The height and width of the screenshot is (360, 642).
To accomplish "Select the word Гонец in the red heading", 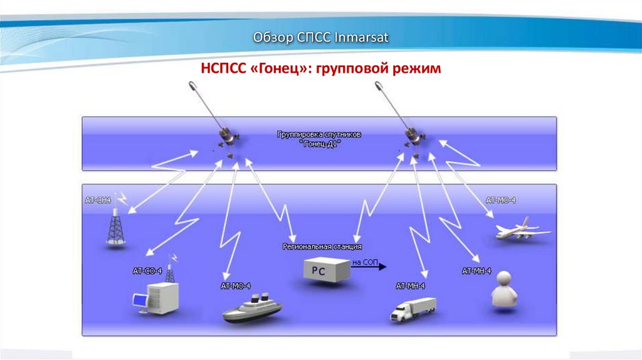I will [x=278, y=68].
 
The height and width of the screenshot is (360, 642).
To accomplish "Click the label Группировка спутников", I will [x=318, y=135].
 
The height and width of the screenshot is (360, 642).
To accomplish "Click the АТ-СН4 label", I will [x=98, y=200].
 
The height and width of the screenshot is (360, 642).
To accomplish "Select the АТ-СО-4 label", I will [x=147, y=271].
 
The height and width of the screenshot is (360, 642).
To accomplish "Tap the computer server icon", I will [x=157, y=299].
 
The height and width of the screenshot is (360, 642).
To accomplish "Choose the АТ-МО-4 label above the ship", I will [x=236, y=286].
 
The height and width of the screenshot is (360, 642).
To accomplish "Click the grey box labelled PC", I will [x=326, y=270].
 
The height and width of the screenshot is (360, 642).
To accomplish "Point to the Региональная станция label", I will [x=322, y=246].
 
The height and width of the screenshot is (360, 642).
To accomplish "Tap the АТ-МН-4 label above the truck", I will [x=411, y=286].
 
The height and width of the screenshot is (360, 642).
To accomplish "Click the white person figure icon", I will [x=507, y=290].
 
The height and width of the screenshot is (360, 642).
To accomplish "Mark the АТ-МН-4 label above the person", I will [x=476, y=271].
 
